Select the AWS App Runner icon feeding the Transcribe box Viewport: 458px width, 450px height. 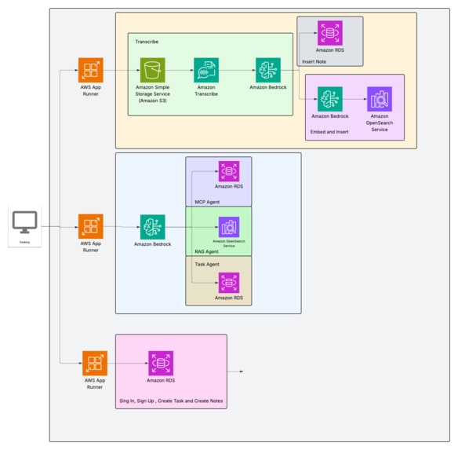click(91, 70)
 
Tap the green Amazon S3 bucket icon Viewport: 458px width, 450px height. click(153, 70)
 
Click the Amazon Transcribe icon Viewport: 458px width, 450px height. click(206, 70)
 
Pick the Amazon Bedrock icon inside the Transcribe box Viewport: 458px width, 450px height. click(268, 70)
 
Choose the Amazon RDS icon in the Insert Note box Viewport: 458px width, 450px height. click(330, 33)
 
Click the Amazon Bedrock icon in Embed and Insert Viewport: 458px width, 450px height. click(330, 99)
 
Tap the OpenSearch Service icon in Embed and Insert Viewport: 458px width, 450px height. click(380, 99)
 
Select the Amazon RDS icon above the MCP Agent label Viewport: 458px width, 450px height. click(229, 171)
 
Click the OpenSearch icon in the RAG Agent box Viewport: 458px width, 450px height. click(229, 227)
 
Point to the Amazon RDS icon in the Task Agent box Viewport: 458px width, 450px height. click(229, 283)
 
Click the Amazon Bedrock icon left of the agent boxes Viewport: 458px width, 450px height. click(153, 227)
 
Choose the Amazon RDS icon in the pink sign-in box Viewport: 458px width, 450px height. click(161, 363)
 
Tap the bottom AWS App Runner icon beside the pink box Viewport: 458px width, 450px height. click(95, 363)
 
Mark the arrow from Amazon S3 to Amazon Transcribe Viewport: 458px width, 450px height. click(180, 70)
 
